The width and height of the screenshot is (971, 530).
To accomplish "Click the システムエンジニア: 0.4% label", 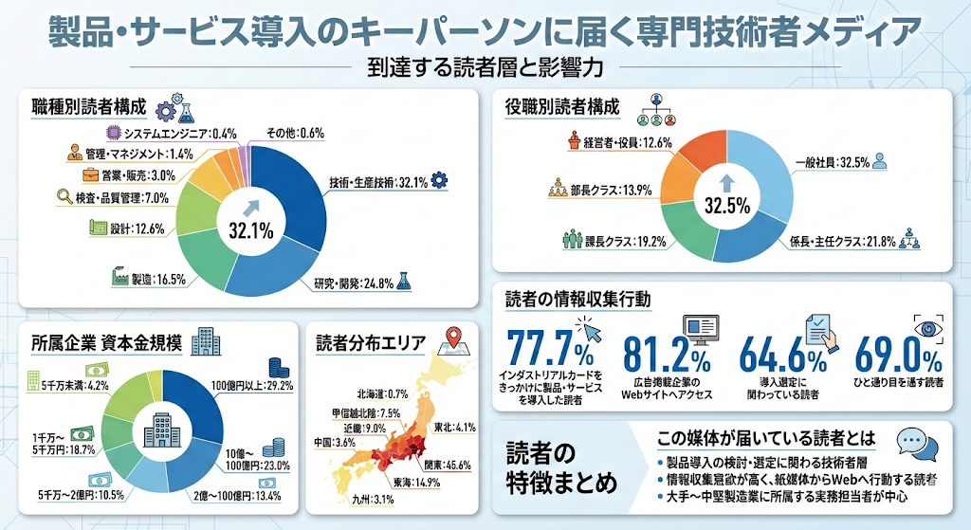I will click(x=180, y=134).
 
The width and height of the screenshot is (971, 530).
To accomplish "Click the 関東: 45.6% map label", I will click(x=448, y=463).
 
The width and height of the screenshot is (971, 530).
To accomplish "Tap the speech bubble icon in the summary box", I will click(x=916, y=442).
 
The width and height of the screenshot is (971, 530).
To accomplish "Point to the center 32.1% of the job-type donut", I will click(x=250, y=228).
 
